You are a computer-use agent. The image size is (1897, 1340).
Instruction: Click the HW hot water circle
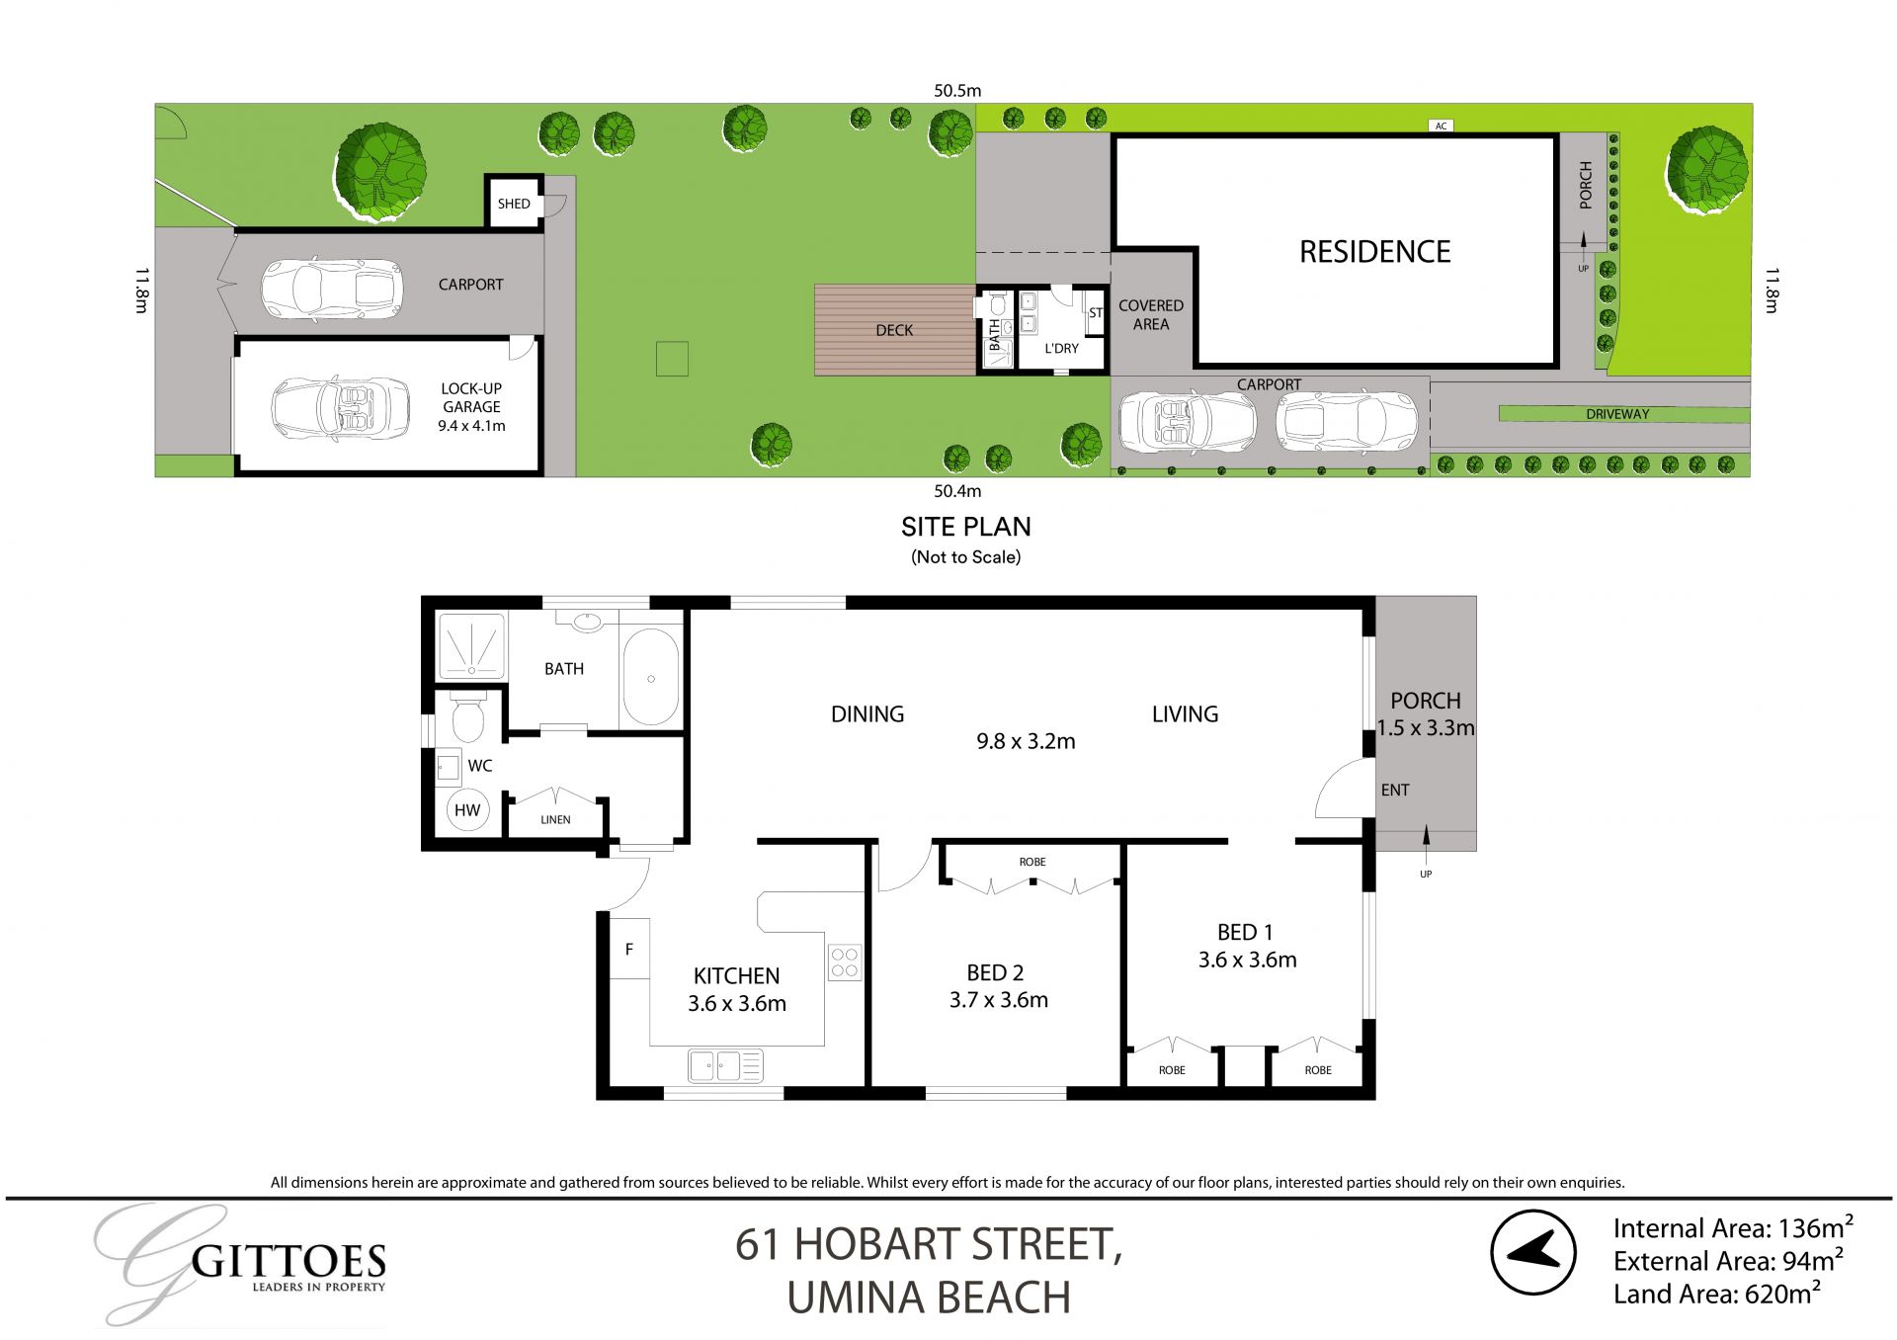point(467,810)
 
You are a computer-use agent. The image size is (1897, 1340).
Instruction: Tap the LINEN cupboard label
point(555,819)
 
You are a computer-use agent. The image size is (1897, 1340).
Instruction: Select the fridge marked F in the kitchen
point(628,949)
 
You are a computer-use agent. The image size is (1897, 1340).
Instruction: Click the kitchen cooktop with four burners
point(845,963)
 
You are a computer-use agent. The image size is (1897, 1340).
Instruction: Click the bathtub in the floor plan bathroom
point(650,678)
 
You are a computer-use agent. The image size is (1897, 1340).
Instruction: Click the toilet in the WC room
point(467,719)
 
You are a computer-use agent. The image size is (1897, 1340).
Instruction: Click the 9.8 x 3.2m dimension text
point(1026,741)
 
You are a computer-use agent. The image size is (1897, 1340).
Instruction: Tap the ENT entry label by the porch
point(1395,790)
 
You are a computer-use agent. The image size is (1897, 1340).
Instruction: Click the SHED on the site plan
point(514,204)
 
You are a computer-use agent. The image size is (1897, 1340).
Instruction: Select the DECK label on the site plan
point(894,330)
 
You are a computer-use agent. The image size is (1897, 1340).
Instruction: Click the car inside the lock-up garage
point(341,408)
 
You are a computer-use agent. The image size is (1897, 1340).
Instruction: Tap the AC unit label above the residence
point(1442,126)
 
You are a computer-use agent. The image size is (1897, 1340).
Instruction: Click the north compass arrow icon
point(1533,1252)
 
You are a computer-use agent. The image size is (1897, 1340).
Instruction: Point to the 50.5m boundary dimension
point(957,90)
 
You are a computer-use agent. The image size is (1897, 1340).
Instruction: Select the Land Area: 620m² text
point(1717,1294)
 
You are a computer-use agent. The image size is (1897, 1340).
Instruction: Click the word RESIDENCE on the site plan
point(1374,252)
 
